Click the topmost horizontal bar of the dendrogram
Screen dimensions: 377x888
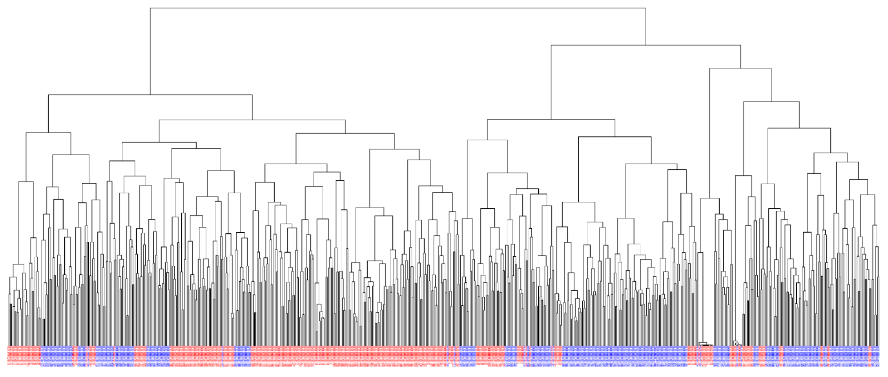[x=397, y=8]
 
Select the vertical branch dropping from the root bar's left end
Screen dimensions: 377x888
[x=150, y=52]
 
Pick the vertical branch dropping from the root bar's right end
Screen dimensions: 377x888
[x=646, y=27]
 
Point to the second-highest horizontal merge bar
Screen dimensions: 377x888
[x=645, y=45]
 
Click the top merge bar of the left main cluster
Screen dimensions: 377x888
[x=150, y=95]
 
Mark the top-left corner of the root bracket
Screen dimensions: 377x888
[x=150, y=8]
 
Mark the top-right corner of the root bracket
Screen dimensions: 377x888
[x=646, y=8]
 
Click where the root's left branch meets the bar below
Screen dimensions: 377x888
[x=150, y=95]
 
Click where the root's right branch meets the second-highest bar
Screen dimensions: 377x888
[x=646, y=45]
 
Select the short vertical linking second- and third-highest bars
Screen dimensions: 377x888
[x=741, y=57]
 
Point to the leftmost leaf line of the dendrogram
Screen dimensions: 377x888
[x=9, y=321]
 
